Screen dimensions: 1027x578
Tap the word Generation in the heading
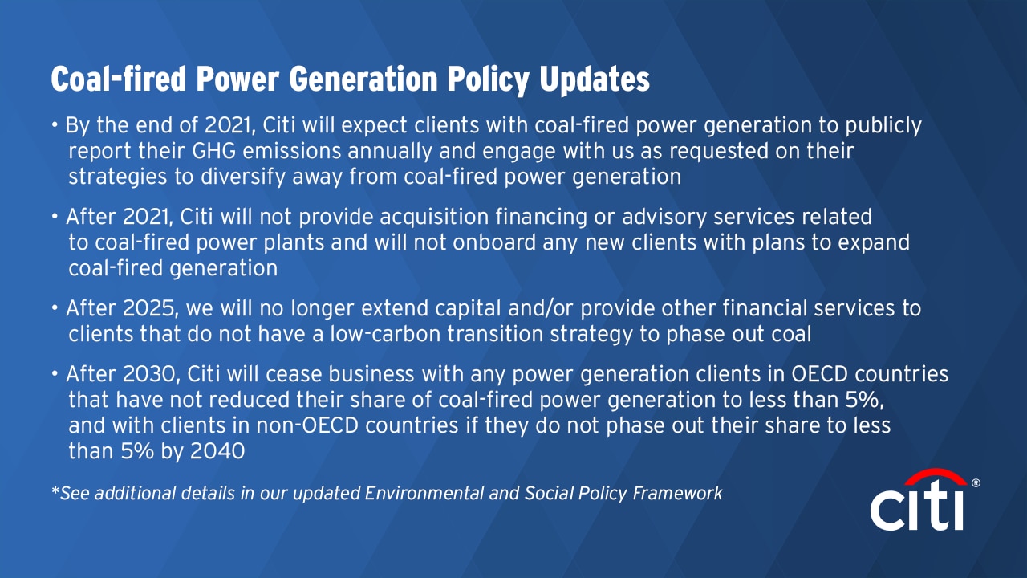pyautogui.click(x=363, y=79)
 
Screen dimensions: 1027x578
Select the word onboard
pyautogui.click(x=494, y=242)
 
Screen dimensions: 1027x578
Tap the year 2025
pyautogui.click(x=149, y=308)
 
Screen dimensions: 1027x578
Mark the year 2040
pyautogui.click(x=217, y=451)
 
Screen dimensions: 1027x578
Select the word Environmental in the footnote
pyautogui.click(x=424, y=493)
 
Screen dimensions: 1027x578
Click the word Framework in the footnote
pyautogui.click(x=678, y=493)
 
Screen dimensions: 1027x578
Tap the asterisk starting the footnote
pyautogui.click(x=55, y=490)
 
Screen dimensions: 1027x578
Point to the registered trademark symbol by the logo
pyautogui.click(x=976, y=482)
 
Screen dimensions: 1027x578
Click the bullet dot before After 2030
pyautogui.click(x=55, y=374)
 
